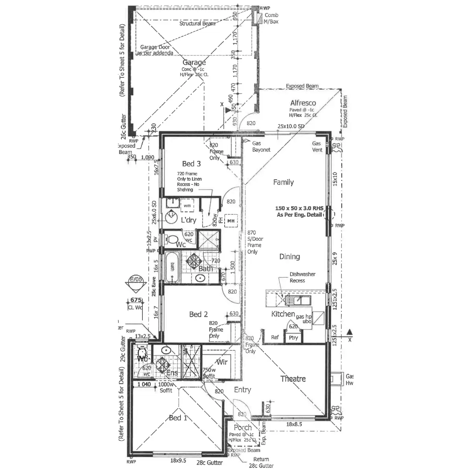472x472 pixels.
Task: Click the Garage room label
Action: [194, 63]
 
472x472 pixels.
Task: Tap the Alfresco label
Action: [303, 103]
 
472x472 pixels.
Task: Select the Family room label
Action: [283, 182]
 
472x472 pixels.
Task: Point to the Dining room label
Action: [289, 256]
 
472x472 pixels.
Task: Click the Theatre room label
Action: [293, 379]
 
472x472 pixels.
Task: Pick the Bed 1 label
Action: [178, 418]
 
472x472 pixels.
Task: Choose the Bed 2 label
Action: [198, 314]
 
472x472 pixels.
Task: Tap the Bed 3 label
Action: [192, 164]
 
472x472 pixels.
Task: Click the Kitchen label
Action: [283, 314]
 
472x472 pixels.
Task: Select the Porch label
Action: [243, 428]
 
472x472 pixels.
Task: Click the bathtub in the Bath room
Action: [172, 267]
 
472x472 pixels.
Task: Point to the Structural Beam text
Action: [197, 24]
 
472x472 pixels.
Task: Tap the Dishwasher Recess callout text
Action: [302, 277]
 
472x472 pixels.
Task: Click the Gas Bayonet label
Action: [261, 147]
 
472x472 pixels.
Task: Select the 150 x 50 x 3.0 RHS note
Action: [299, 212]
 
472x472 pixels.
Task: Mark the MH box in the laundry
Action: [231, 221]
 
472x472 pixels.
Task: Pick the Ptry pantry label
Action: [293, 338]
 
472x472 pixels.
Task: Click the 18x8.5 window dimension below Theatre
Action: [294, 424]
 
